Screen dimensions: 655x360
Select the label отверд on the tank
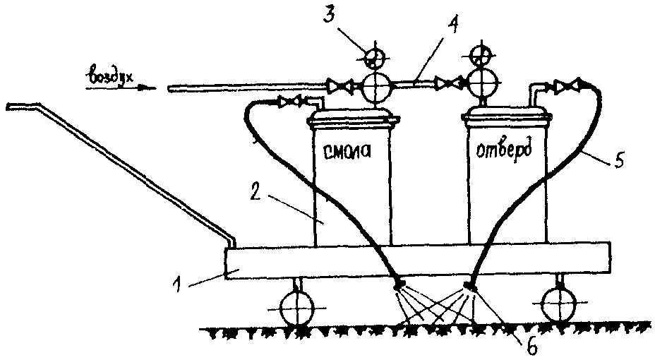click(503, 150)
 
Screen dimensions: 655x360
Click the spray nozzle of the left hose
click(399, 285)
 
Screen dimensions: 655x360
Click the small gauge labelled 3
click(373, 56)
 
